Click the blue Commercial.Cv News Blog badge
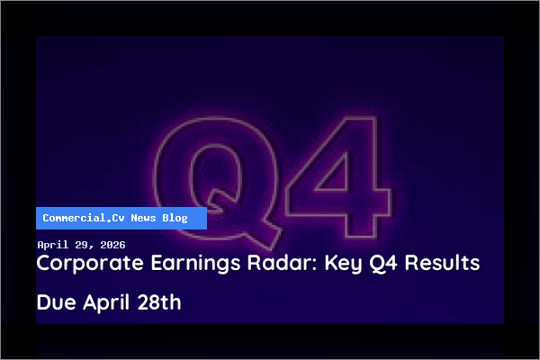tap(121, 218)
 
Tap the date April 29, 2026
tap(81, 245)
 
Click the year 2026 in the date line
tap(112, 245)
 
